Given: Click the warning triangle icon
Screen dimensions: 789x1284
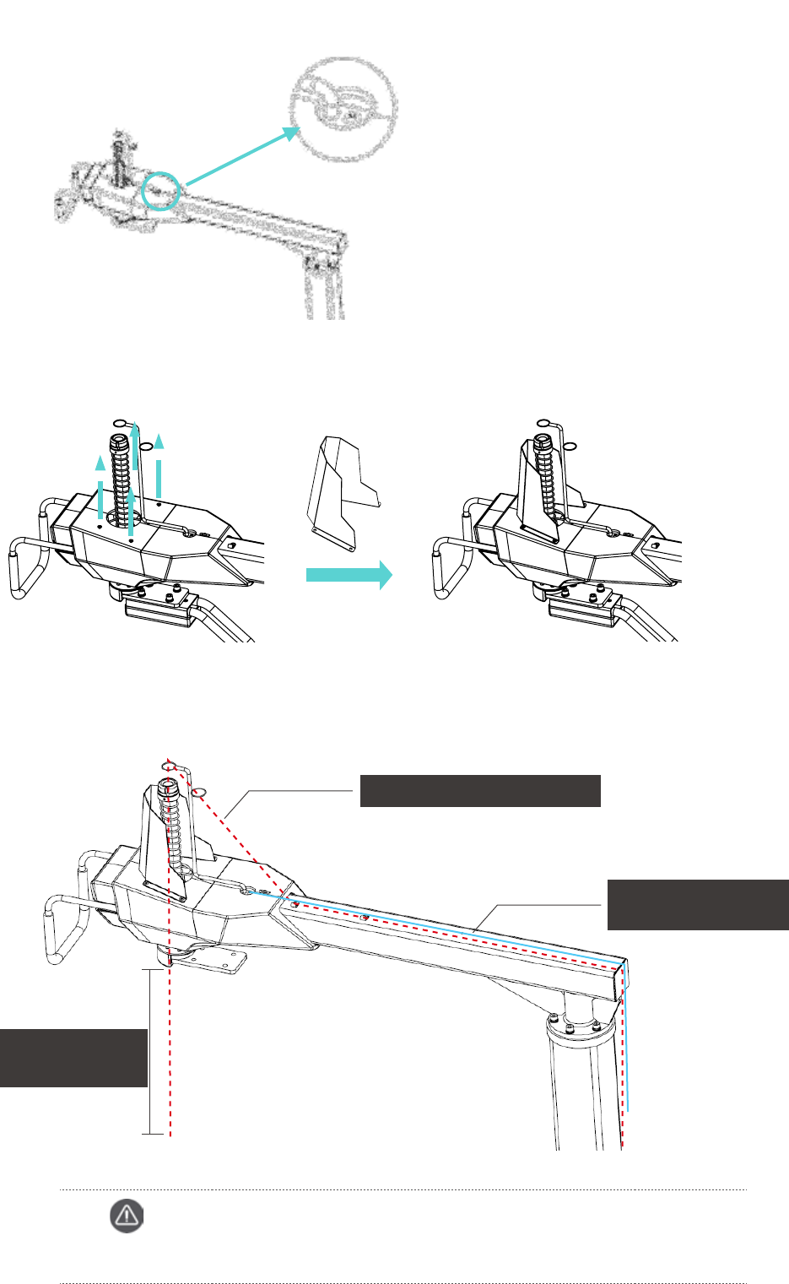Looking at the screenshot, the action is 127,1216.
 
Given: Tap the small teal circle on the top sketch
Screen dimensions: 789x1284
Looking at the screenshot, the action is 159,190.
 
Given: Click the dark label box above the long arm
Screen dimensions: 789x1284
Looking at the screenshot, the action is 480,791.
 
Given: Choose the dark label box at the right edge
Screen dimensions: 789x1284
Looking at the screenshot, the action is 698,904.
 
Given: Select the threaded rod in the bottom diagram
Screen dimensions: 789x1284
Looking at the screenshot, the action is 173,827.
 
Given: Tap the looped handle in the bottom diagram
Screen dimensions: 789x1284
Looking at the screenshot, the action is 65,929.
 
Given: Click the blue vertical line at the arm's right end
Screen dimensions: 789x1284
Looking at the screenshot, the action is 626,1038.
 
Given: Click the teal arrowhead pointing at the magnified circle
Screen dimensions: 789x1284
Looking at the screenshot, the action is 290,133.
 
